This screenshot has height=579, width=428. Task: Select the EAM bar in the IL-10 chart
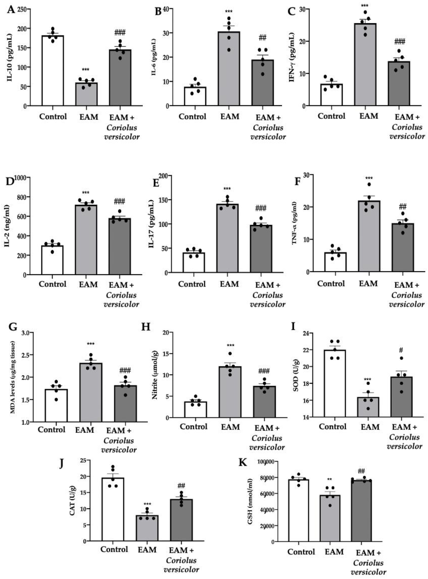pyautogui.click(x=86, y=94)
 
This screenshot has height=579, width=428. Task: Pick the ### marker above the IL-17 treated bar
pyautogui.click(x=261, y=208)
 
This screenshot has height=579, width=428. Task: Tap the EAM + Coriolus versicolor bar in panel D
pyautogui.click(x=120, y=246)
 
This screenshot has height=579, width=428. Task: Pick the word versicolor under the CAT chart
pyautogui.click(x=181, y=569)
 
